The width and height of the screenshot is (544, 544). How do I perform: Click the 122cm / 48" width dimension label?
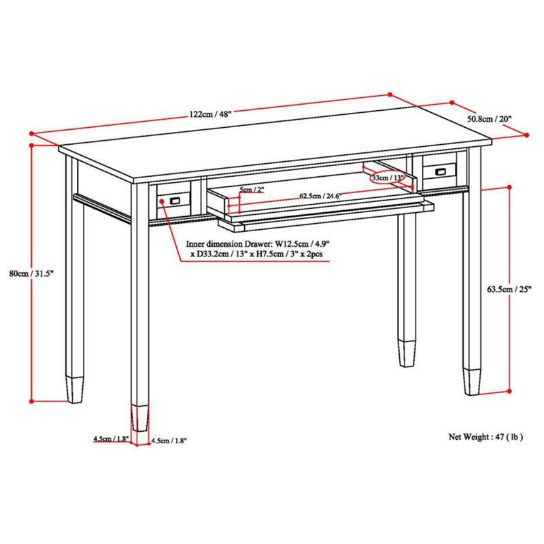pos(210,114)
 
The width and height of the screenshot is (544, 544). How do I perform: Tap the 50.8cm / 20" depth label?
pos(490,119)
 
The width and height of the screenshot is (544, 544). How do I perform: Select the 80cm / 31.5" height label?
pos(31,273)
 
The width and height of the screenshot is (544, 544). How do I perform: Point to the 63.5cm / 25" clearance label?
pos(509,289)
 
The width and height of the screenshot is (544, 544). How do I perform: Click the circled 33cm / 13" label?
pos(388,178)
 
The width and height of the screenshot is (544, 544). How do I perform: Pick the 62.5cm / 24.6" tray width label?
pos(320,196)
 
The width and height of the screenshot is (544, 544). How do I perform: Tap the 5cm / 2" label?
pos(252,190)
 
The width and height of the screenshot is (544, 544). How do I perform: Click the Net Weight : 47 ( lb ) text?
pos(486,437)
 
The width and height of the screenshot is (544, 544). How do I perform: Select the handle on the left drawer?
pos(175,200)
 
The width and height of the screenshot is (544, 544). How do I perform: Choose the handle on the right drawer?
pos(441,171)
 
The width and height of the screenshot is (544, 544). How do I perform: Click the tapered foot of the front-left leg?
pos(140,418)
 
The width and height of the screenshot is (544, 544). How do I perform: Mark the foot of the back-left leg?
pos(75,390)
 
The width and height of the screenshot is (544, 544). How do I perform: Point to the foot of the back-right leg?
pos(407,354)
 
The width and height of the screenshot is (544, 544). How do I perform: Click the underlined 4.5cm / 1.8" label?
pos(111,439)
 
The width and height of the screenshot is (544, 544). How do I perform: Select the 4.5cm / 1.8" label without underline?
pos(169,441)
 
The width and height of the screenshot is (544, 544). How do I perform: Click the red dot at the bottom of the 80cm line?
pos(31,401)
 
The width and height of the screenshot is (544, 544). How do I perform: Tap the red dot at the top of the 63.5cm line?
pos(509,188)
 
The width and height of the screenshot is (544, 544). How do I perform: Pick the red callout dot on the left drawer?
pos(162,201)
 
